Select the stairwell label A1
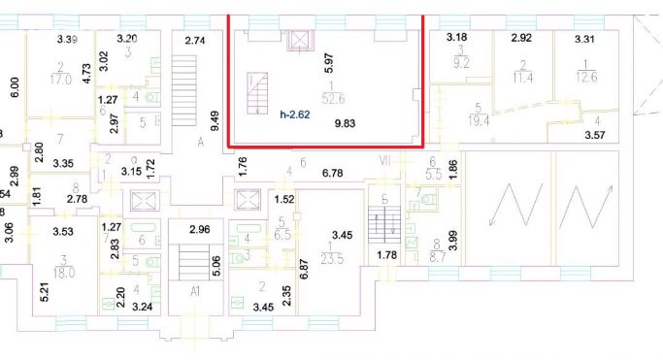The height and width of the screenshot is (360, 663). point(195,290)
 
